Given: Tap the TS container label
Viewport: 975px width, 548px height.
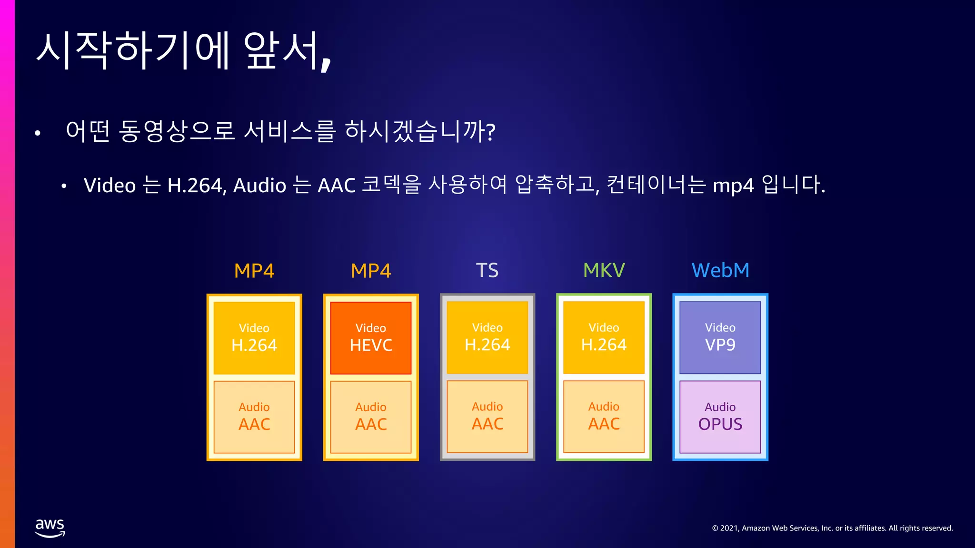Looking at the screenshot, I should [487, 270].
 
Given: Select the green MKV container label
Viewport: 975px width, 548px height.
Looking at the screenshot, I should [604, 270].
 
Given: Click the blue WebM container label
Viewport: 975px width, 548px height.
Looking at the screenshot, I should [720, 270].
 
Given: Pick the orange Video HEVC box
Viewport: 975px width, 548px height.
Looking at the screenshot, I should [371, 338].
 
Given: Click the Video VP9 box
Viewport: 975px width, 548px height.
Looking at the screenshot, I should [720, 338].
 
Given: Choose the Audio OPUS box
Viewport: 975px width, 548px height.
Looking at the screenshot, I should [720, 417].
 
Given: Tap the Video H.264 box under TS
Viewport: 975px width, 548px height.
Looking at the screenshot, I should [487, 338].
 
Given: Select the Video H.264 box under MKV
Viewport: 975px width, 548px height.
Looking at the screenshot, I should [604, 338].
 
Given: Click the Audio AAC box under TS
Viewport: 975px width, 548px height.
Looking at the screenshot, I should [487, 417].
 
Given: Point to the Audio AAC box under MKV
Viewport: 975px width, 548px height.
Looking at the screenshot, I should [604, 417].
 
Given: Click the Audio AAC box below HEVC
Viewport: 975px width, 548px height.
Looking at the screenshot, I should [371, 417].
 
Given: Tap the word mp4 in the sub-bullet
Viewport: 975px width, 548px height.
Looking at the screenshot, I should [733, 186].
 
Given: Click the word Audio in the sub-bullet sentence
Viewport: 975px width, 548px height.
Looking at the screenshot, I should [260, 186].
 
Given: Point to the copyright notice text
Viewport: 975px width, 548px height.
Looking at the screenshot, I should [832, 528].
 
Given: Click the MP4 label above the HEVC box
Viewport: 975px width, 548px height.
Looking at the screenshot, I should [371, 271].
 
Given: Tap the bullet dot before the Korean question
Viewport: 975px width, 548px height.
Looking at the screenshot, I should [38, 134].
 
